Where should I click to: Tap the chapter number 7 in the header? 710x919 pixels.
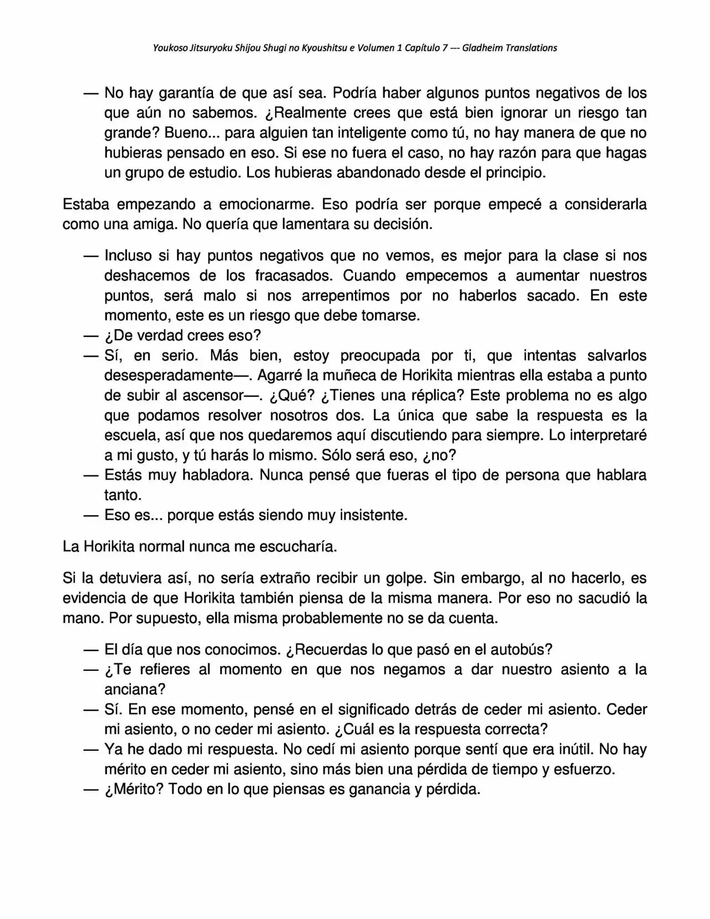coord(445,48)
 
